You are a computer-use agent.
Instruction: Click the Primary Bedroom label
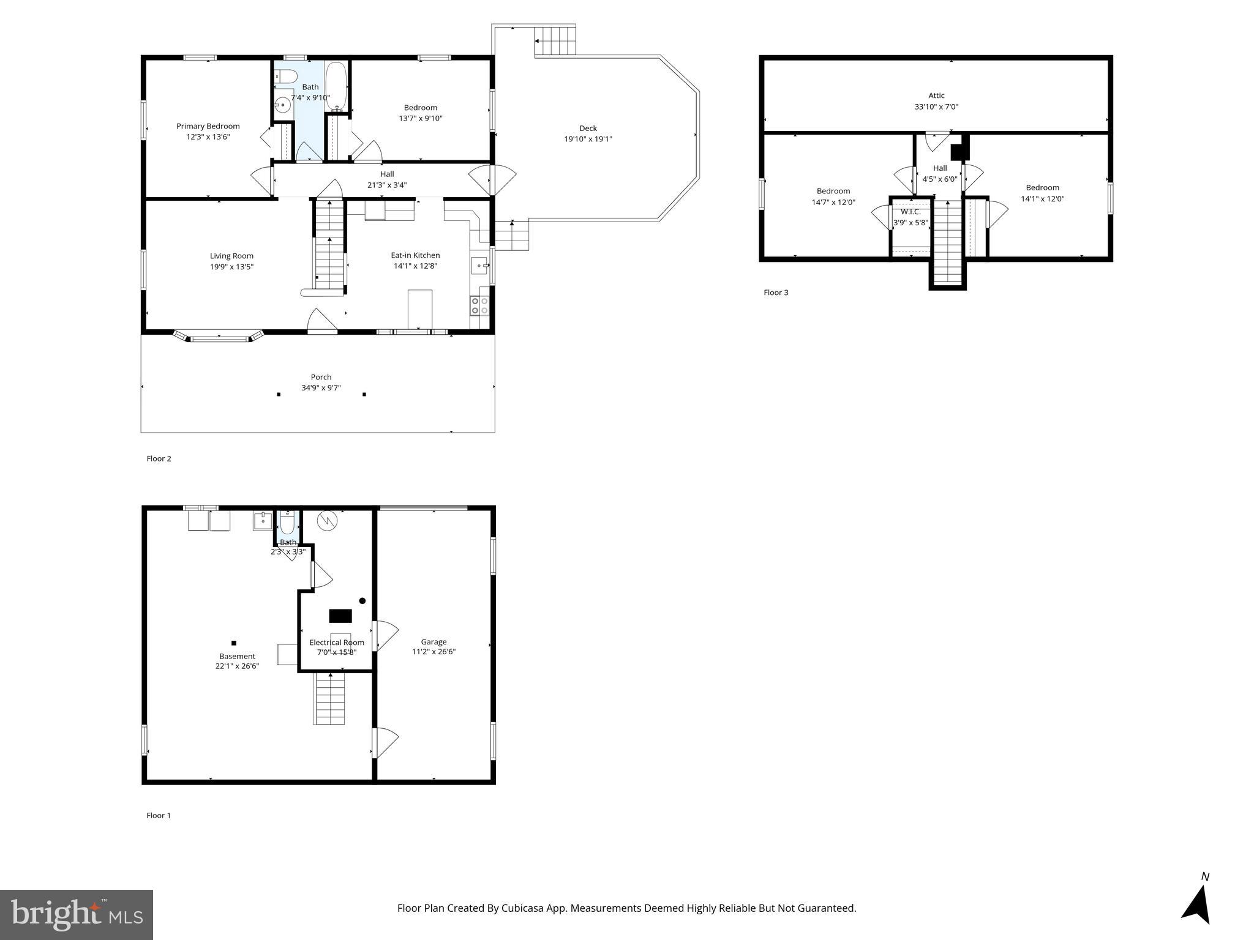[x=208, y=126]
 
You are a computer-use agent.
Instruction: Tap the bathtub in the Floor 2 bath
[x=336, y=86]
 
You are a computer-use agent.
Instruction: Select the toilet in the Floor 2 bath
[x=285, y=76]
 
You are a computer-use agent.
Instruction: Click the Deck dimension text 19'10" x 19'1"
[x=588, y=139]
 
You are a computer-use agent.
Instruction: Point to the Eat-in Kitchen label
[x=415, y=255]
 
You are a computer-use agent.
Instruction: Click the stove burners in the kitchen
[x=479, y=305]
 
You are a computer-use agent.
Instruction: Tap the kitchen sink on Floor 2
[x=479, y=266]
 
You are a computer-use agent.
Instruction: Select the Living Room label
[x=231, y=256]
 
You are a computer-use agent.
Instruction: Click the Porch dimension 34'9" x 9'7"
[x=321, y=388]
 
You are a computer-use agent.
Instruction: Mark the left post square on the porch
[x=279, y=394]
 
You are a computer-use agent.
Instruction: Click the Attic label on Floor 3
[x=936, y=95]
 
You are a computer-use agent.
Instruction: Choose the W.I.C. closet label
[x=910, y=212]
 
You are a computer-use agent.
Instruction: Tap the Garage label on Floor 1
[x=434, y=642]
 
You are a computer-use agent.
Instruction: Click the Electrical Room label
[x=336, y=643]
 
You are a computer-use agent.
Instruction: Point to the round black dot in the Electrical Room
[x=362, y=601]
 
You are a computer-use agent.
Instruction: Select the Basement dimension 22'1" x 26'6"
[x=237, y=666]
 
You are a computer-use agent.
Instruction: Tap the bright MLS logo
[x=76, y=914]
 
